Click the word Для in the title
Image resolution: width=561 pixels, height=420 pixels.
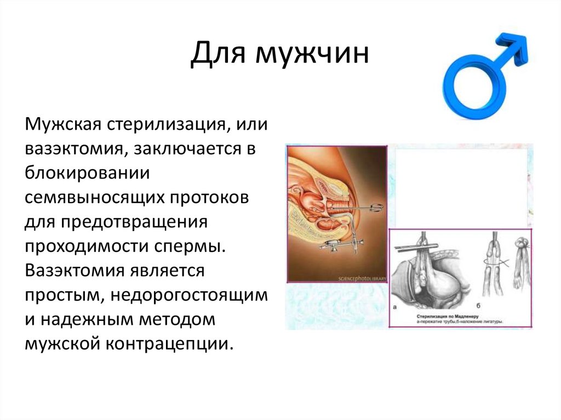coord(218,57)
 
